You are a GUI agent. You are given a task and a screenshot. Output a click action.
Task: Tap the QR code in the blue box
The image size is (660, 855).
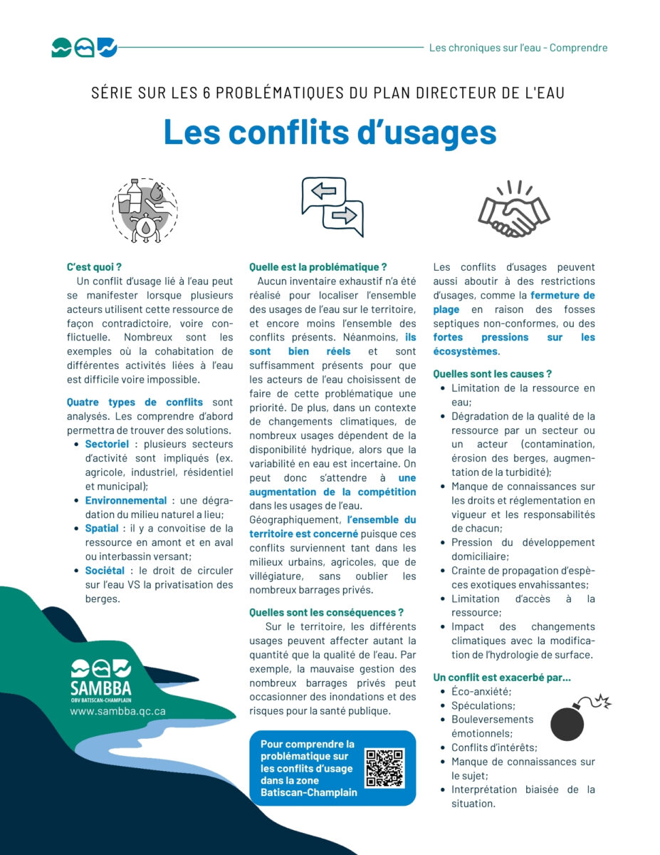(384, 767)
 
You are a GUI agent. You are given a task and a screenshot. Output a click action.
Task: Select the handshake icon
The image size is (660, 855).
(513, 209)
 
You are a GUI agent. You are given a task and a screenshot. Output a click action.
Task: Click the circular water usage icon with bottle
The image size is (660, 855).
(145, 210)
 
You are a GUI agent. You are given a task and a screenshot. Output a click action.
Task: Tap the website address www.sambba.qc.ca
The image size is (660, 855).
(117, 710)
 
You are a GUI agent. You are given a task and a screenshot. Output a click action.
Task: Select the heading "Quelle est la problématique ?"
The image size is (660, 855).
(318, 267)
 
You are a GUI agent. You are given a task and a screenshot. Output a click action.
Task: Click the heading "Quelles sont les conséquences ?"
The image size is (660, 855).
(326, 612)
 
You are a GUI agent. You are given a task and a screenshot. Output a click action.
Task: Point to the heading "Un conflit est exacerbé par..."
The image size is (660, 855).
(502, 677)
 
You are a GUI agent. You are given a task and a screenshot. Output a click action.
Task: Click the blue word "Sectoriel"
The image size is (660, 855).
(107, 444)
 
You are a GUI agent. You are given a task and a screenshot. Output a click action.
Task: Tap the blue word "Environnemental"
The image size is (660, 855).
(126, 500)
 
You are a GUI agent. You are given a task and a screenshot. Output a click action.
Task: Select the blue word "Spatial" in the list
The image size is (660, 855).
(102, 528)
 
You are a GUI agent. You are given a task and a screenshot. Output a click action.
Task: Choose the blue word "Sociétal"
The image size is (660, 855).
(105, 570)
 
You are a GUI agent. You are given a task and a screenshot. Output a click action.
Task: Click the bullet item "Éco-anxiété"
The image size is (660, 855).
(481, 691)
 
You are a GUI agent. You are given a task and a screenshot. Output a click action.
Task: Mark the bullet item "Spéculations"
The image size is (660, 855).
(483, 705)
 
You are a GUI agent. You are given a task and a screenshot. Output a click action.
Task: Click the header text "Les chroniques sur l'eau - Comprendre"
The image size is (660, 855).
(518, 48)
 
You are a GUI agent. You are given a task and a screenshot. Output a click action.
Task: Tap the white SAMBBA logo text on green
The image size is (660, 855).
(101, 688)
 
